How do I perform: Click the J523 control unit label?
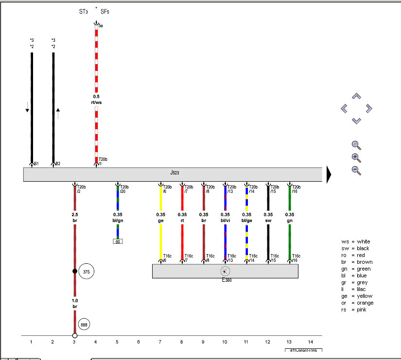click(174, 172)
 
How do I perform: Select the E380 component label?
click(227, 280)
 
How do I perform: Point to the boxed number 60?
click(118, 241)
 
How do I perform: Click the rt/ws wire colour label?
click(96, 103)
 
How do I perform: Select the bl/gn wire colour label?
click(118, 221)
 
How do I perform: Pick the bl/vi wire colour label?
click(225, 221)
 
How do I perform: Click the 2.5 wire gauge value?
click(75, 214)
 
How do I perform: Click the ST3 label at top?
click(84, 11)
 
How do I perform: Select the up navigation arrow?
click(356, 96)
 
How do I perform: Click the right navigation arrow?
click(368, 108)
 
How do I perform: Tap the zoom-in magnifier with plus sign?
click(356, 157)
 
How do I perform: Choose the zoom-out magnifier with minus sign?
click(356, 170)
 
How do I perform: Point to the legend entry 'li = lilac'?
click(354, 289)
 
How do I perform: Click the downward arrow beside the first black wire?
click(27, 109)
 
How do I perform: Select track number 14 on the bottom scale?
click(311, 342)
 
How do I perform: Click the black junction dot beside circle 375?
click(75, 271)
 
